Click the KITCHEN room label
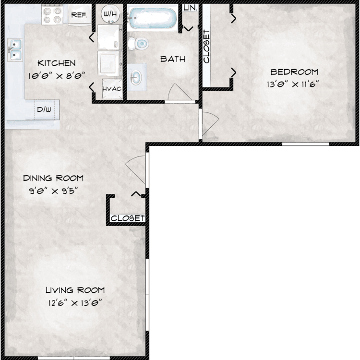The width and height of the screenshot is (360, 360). click(57, 63)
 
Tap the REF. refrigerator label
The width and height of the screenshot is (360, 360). click(79, 15)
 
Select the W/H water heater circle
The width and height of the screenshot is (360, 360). click(110, 14)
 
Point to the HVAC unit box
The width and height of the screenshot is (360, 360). click(112, 89)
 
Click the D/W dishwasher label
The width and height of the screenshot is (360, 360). click(44, 109)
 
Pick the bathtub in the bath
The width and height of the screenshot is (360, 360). click(152, 18)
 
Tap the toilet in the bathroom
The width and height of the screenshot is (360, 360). click(138, 43)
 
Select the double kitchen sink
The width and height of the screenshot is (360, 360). click(15, 50)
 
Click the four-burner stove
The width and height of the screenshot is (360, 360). click(52, 15)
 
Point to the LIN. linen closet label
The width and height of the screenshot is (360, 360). click(191, 8)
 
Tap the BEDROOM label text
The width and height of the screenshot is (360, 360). click(294, 72)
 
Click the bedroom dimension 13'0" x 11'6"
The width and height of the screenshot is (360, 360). click(293, 84)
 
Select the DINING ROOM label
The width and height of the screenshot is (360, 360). click(53, 178)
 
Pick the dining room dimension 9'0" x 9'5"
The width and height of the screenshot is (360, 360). click(54, 191)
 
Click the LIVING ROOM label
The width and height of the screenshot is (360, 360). click(75, 290)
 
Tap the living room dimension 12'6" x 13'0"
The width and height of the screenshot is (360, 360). click(75, 303)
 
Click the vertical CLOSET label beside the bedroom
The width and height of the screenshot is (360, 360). click(206, 47)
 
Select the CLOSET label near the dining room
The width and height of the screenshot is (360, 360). click(128, 218)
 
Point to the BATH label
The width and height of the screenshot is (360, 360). click(173, 59)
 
